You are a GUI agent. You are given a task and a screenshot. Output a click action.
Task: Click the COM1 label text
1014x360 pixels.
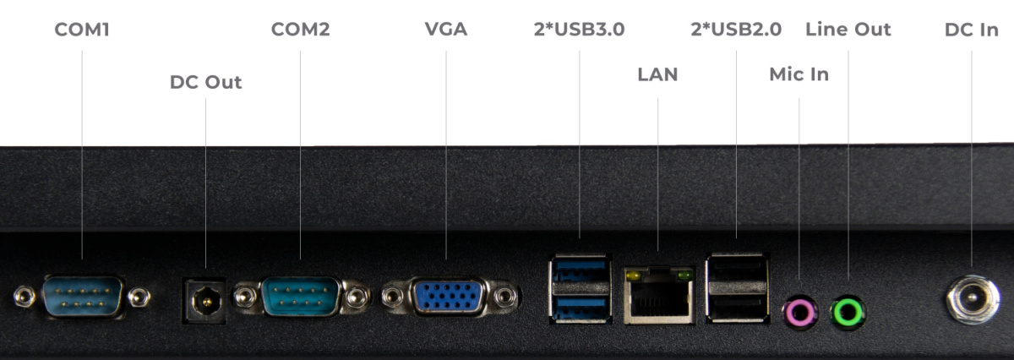pyautogui.click(x=82, y=30)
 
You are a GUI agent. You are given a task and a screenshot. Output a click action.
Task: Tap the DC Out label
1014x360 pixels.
pyautogui.click(x=205, y=83)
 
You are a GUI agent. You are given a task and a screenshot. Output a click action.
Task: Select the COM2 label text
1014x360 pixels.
pyautogui.click(x=300, y=30)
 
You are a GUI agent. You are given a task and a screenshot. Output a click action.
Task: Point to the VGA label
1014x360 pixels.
pyautogui.click(x=446, y=30)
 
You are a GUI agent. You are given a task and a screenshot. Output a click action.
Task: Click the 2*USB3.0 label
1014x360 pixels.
pyautogui.click(x=580, y=30)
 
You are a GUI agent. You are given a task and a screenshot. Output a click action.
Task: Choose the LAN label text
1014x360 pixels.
pyautogui.click(x=657, y=74)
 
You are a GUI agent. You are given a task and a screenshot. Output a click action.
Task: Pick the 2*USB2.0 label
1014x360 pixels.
pyautogui.click(x=736, y=30)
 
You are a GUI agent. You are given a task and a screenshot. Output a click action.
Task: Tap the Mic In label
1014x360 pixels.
pyautogui.click(x=799, y=74)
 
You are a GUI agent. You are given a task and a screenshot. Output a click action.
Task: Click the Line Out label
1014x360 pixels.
pyautogui.click(x=848, y=30)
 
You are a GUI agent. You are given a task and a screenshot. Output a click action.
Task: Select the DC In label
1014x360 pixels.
pyautogui.click(x=972, y=30)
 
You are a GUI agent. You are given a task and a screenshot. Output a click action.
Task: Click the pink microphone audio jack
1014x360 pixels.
pyautogui.click(x=800, y=313)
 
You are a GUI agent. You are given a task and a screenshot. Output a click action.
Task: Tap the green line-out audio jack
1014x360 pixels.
pyautogui.click(x=848, y=312)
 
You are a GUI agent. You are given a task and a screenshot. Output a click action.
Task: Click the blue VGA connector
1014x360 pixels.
pyautogui.click(x=448, y=297)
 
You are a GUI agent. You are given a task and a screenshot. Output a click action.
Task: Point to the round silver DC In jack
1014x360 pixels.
pyautogui.click(x=973, y=299)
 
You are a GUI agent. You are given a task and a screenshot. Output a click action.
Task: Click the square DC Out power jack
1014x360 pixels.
pyautogui.click(x=204, y=301)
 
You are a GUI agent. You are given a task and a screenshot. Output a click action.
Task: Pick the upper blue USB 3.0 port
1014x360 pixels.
pyautogui.click(x=580, y=270)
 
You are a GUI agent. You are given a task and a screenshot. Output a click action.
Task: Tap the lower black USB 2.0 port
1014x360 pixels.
pyautogui.click(x=737, y=308)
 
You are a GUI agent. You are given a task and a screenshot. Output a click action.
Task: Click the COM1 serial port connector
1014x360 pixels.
pyautogui.click(x=83, y=297)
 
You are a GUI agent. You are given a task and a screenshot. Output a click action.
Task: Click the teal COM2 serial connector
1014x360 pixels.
pyautogui.click(x=301, y=297)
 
